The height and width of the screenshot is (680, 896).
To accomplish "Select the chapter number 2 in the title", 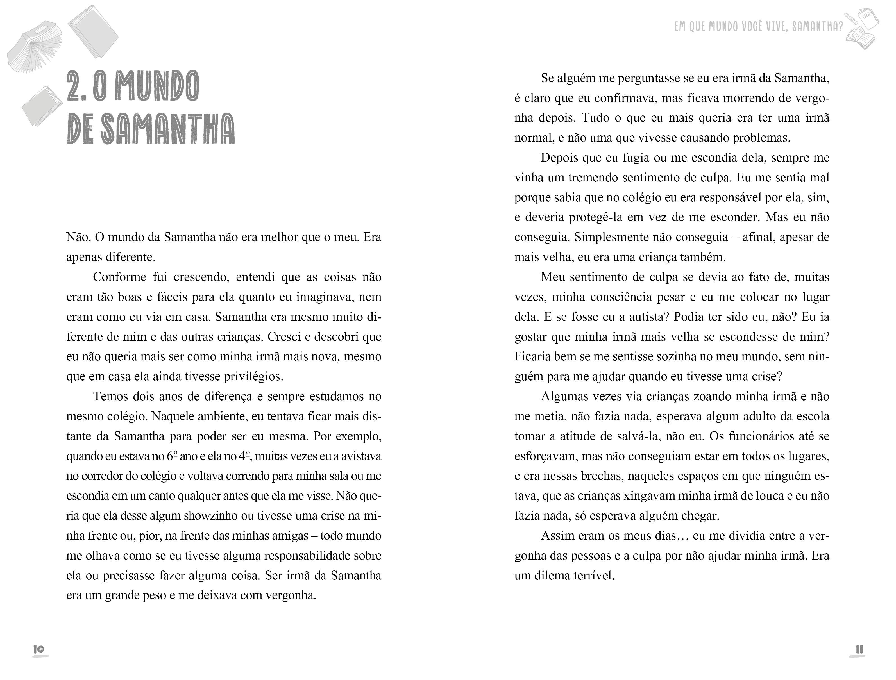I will (x=74, y=87).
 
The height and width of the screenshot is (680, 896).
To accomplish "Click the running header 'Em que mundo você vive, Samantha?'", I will (x=759, y=27).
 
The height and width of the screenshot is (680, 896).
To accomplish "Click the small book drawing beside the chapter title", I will (x=42, y=105).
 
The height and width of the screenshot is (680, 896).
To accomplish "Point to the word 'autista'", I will (x=640, y=317).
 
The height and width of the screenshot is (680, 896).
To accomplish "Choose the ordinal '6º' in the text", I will (x=172, y=456).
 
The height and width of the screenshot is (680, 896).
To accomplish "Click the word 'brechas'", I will (x=602, y=476).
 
